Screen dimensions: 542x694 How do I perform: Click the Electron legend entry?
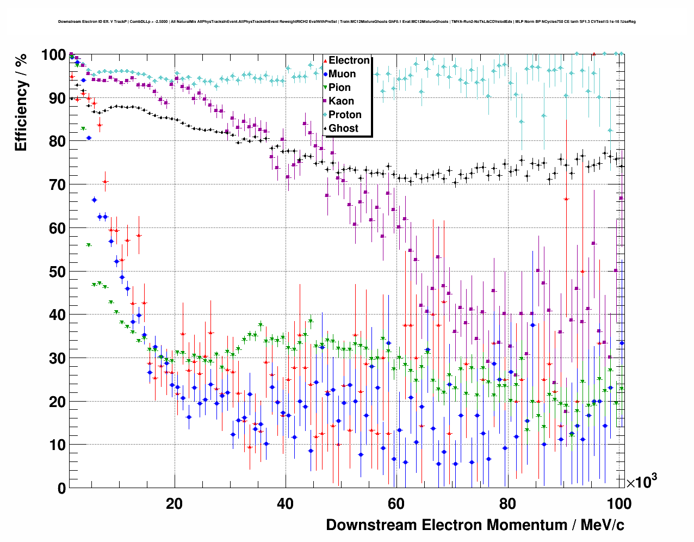pos(349,60)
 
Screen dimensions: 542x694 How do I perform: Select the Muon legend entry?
pos(342,74)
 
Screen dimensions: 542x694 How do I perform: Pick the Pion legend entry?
pos(339,88)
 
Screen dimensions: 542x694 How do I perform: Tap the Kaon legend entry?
pos(341,101)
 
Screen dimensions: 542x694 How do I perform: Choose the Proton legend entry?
pos(345,115)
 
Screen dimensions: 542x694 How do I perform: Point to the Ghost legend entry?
pos(343,128)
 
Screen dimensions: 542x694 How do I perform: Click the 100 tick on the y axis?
pos(53,55)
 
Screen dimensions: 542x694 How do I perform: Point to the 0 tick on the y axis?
pos(61,489)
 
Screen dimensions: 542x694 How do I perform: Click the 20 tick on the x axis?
pos(175,504)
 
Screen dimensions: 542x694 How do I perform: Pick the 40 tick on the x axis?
pos(285,504)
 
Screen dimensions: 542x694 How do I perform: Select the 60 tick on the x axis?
pos(396,504)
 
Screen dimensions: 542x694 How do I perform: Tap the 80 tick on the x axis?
pos(507,504)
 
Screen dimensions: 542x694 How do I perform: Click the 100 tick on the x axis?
pos(619,504)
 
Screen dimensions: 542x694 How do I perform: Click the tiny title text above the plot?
pos(346,22)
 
